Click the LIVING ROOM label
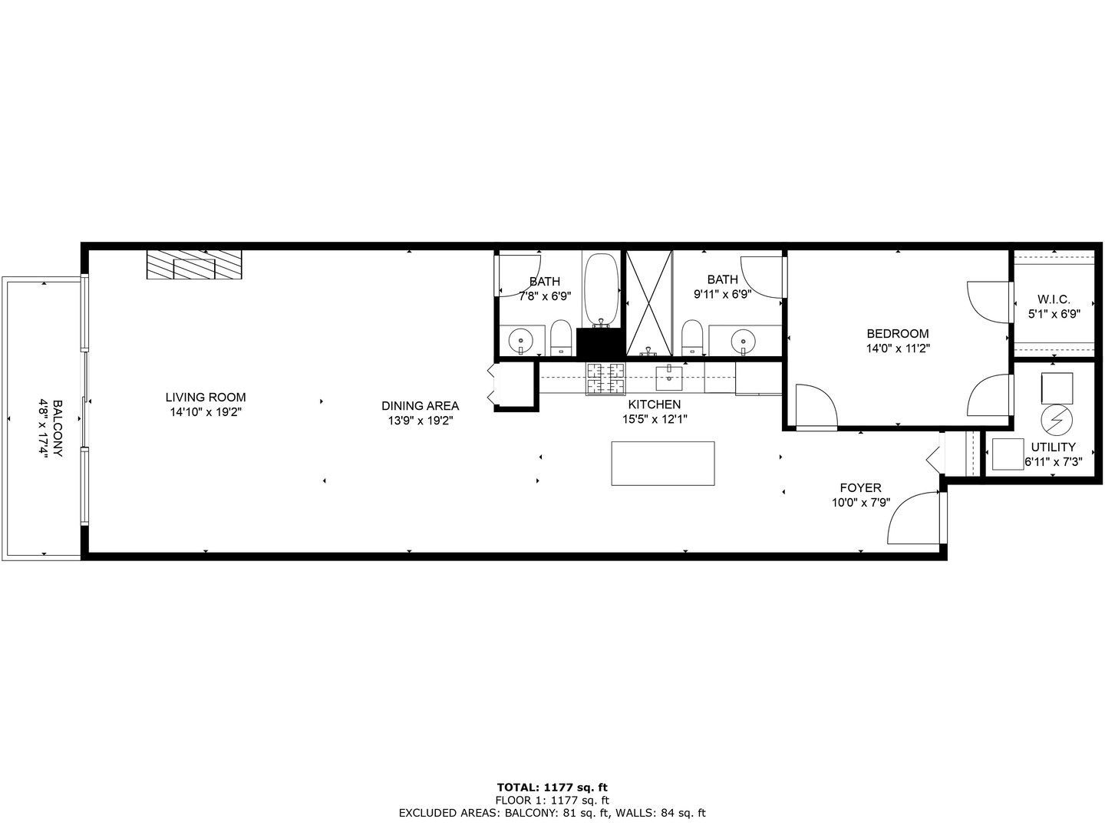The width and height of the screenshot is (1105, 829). (x=206, y=398)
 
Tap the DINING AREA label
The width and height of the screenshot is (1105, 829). (x=421, y=406)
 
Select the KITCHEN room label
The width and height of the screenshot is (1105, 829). (x=654, y=405)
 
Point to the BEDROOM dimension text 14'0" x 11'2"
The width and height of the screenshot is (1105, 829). (x=897, y=348)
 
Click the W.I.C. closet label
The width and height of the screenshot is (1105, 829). (x=1053, y=299)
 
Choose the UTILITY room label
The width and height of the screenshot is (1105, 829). (x=1053, y=447)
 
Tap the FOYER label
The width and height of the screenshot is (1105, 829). (x=860, y=487)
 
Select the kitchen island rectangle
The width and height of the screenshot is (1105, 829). (x=663, y=463)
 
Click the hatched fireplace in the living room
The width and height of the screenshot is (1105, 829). (x=194, y=265)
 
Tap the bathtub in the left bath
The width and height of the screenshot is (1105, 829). (x=601, y=289)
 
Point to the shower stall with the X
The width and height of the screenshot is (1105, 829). (x=649, y=303)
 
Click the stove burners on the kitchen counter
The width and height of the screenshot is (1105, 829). (x=605, y=378)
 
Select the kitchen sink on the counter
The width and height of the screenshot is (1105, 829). (x=669, y=378)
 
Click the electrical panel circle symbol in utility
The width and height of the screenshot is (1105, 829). (x=1057, y=420)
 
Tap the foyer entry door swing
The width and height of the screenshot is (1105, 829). (x=915, y=520)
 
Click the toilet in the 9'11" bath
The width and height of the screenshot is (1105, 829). (x=693, y=338)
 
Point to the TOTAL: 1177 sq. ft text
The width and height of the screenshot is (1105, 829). (x=552, y=787)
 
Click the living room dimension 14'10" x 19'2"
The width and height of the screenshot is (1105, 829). (x=206, y=412)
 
